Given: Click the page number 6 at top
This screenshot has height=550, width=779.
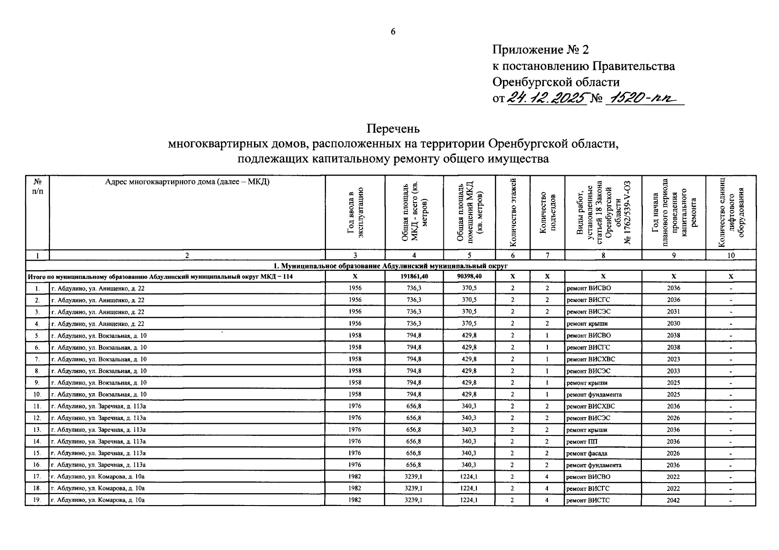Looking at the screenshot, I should click(392, 31).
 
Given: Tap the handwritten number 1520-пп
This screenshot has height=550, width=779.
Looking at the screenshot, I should click(644, 98).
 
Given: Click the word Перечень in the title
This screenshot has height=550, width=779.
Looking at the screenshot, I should click(393, 128).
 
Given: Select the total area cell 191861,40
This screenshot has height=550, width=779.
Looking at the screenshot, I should click(414, 276).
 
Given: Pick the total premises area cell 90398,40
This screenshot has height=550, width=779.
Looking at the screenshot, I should click(469, 276).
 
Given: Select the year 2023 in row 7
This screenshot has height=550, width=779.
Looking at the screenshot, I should click(673, 359).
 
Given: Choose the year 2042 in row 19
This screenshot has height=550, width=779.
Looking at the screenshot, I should click(673, 500).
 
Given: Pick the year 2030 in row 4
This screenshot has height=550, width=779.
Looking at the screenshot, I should click(673, 324).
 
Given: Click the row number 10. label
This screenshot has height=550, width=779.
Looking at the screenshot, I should click(37, 394).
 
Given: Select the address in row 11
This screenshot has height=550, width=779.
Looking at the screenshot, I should click(99, 406).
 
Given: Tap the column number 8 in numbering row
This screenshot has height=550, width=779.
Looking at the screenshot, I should click(602, 255).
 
